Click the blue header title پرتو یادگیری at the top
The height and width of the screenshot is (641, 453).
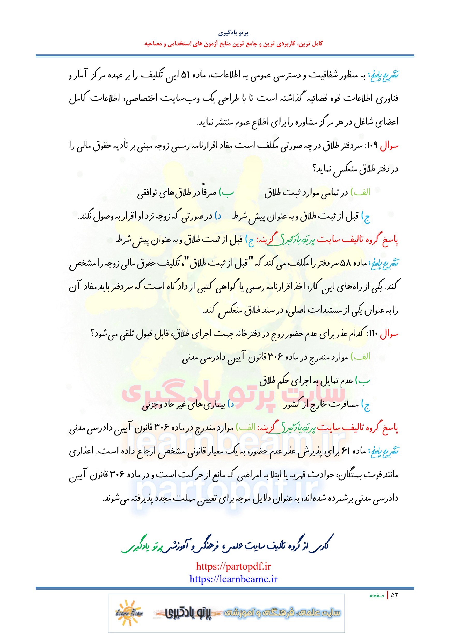point(233,33)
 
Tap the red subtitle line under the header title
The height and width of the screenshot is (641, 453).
point(233,44)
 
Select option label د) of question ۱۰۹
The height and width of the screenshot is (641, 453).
point(218,216)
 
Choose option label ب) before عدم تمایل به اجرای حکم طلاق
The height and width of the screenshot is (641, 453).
point(363,381)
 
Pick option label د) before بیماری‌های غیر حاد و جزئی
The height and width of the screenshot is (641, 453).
point(231,404)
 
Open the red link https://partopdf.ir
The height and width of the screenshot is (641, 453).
point(233,566)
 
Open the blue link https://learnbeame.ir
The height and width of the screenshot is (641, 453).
point(233,579)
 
